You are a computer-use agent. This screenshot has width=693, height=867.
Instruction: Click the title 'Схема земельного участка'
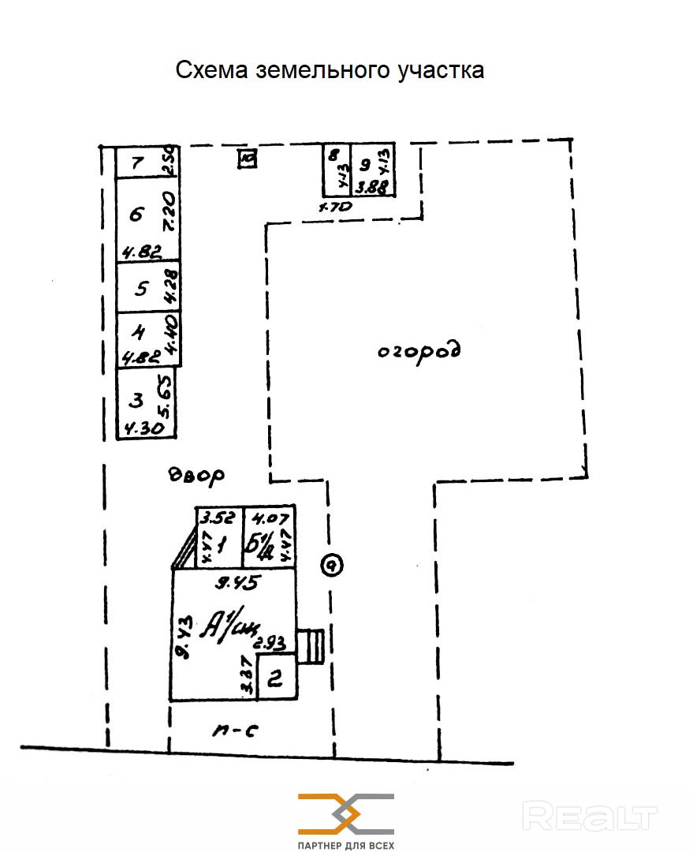(330, 71)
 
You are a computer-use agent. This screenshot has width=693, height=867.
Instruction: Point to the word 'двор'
(197, 475)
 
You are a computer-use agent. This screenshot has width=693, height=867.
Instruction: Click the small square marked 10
(248, 160)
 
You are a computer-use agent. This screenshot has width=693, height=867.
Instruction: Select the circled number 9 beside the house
(333, 565)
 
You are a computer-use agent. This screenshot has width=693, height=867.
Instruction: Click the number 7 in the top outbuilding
(138, 163)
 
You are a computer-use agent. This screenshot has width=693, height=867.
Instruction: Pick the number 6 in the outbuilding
(137, 214)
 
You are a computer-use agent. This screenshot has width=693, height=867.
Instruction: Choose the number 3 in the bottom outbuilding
(136, 401)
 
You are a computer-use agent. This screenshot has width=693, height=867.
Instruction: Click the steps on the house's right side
(313, 647)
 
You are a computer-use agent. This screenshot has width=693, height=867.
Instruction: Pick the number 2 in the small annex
(276, 678)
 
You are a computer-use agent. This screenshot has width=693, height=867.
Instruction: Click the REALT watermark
(590, 816)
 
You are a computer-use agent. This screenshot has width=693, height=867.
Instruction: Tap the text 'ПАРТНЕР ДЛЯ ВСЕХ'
(345, 845)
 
